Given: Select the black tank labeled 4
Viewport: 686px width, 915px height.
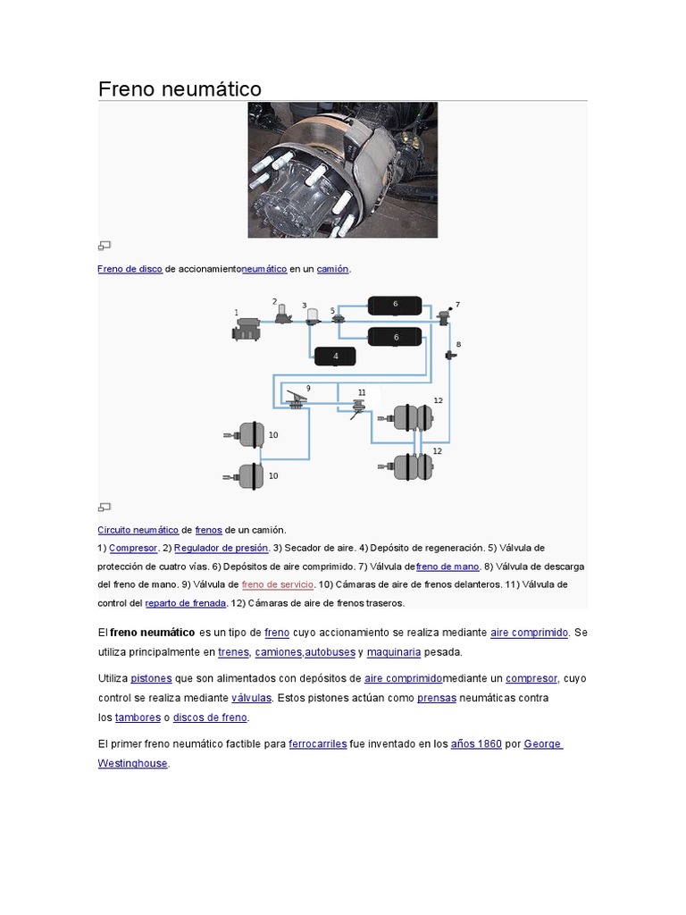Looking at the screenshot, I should [x=336, y=356].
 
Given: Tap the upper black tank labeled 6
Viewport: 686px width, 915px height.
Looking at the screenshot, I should [x=395, y=305].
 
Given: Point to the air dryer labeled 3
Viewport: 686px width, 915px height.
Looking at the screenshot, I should [x=313, y=316].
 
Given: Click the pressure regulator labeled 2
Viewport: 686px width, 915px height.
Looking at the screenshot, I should [x=283, y=314].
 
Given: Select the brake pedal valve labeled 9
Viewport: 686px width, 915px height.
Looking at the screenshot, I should [x=296, y=400].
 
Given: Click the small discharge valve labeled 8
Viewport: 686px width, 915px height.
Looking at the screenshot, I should [x=451, y=356].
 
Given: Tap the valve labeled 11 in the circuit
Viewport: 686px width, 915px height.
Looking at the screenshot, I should [x=359, y=407].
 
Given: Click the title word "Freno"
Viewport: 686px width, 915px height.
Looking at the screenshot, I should [x=126, y=89].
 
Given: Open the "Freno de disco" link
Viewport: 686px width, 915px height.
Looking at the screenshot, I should [x=130, y=268].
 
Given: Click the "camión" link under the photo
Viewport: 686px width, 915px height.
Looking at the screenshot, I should [x=332, y=268].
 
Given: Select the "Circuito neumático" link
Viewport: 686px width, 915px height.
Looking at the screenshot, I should [x=138, y=529].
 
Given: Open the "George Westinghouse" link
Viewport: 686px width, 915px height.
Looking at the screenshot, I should [x=543, y=743].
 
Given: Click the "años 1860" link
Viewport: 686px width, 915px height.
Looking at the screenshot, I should [x=476, y=743].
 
